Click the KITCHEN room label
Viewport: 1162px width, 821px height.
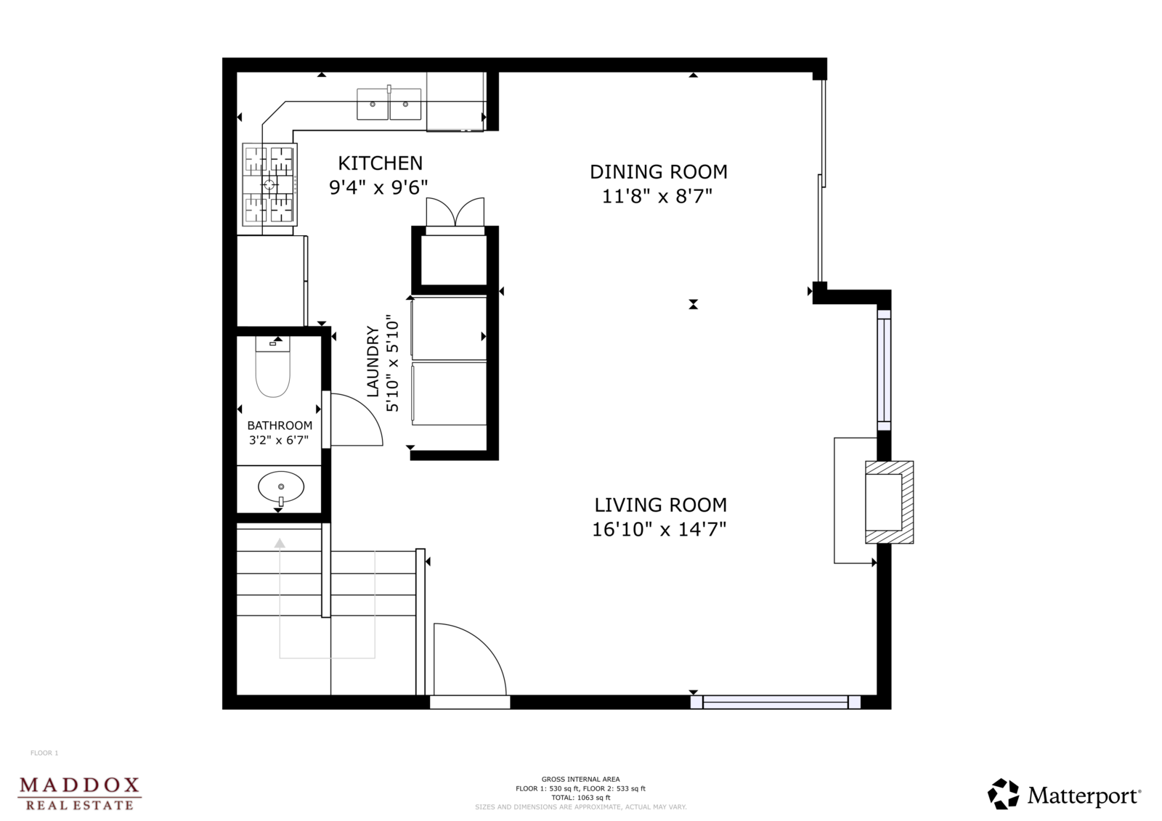click(381, 163)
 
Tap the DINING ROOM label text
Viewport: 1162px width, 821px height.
click(658, 171)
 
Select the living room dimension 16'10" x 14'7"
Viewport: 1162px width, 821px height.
click(659, 529)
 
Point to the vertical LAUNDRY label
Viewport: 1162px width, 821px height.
click(373, 362)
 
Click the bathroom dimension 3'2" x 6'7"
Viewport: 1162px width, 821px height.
click(279, 441)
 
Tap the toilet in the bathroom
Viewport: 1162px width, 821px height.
click(273, 366)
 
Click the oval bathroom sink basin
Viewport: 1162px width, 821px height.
click(281, 486)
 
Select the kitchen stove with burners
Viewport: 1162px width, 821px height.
click(269, 184)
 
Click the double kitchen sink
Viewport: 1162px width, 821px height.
click(389, 104)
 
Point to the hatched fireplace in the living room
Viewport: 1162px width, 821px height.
click(889, 502)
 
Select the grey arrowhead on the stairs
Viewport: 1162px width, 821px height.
click(280, 543)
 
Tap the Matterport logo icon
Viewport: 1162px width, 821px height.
click(1003, 793)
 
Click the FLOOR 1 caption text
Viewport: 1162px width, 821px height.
click(44, 753)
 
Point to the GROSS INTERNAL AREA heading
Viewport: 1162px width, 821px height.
click(580, 779)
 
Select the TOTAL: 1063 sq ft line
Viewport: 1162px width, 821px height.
click(580, 798)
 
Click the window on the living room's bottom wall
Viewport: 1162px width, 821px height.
click(776, 702)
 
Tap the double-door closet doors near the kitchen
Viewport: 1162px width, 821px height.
click(455, 212)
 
